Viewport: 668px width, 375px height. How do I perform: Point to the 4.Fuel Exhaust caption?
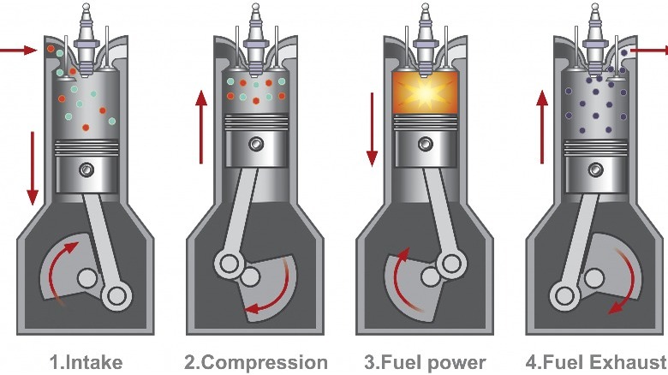595,362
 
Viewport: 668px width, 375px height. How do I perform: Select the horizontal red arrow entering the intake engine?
17,51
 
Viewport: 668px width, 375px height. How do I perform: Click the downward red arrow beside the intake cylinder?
33,167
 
